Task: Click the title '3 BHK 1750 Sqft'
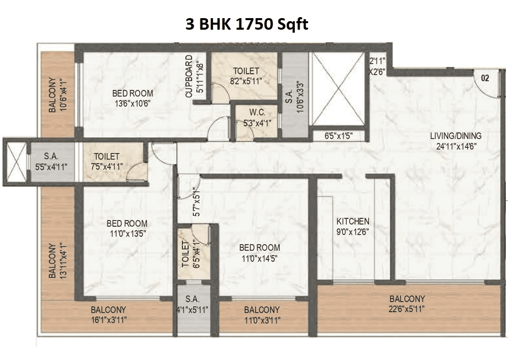tap(247, 25)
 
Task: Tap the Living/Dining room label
tap(456, 136)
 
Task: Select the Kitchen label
tap(353, 222)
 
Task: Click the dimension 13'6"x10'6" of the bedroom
tap(132, 103)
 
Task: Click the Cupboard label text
tap(189, 76)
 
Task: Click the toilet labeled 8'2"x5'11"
tap(246, 76)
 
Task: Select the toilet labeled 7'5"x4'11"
tap(107, 161)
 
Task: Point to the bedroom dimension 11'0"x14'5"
tap(259, 257)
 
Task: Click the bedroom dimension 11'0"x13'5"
tap(127, 233)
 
